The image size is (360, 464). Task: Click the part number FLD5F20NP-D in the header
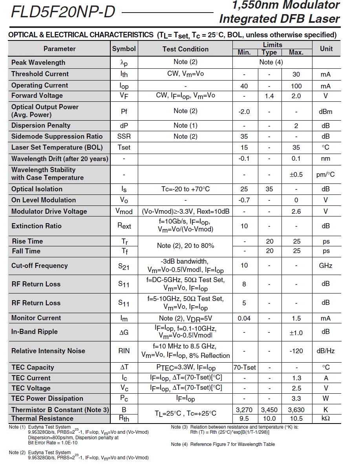click(x=63, y=13)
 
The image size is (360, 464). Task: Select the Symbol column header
click(x=124, y=49)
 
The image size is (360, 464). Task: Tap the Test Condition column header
click(x=185, y=49)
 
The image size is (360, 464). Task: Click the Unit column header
click(x=326, y=49)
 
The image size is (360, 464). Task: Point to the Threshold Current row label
click(x=40, y=74)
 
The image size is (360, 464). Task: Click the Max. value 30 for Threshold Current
click(x=296, y=74)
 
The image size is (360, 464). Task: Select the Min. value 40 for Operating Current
click(x=244, y=86)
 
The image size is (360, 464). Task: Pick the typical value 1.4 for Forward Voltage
click(x=269, y=96)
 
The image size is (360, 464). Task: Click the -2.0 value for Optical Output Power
click(x=244, y=112)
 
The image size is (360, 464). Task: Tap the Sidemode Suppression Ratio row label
click(x=57, y=136)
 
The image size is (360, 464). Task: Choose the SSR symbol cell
click(x=124, y=136)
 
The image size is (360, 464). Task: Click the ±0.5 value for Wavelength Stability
click(x=296, y=174)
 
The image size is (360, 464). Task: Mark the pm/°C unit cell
click(x=325, y=174)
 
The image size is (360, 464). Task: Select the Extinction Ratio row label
click(x=37, y=226)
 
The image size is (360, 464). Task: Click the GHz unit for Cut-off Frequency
click(x=325, y=266)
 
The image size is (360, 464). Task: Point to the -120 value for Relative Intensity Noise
click(x=296, y=351)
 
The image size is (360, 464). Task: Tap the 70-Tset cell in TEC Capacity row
click(x=245, y=368)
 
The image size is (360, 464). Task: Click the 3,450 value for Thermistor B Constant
click(x=269, y=410)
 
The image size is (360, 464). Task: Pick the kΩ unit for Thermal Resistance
click(x=325, y=418)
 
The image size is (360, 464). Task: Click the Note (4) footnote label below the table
click(x=179, y=444)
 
